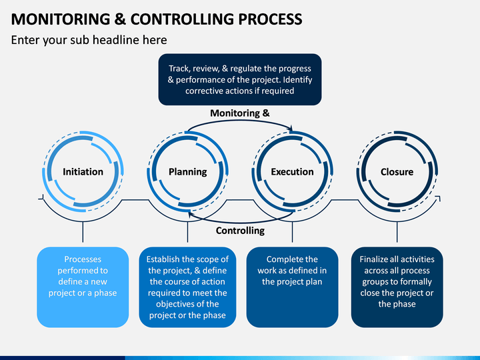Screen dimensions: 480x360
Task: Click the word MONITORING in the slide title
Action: pyautogui.click(x=61, y=19)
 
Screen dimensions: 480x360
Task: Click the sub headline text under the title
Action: pyautogui.click(x=89, y=40)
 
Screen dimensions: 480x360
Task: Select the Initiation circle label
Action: pyautogui.click(x=83, y=172)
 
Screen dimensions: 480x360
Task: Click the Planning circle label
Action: pyautogui.click(x=187, y=172)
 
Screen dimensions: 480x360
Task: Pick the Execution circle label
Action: pyautogui.click(x=293, y=172)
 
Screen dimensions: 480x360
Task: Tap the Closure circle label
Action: pyautogui.click(x=397, y=172)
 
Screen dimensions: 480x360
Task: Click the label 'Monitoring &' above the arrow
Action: pyautogui.click(x=240, y=113)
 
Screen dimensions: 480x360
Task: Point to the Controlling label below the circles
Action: pyautogui.click(x=240, y=231)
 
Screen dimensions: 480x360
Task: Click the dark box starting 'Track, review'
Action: pyautogui.click(x=240, y=79)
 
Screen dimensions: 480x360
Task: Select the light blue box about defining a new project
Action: pyautogui.click(x=83, y=287)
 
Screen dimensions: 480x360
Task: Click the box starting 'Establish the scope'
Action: pyautogui.click(x=187, y=287)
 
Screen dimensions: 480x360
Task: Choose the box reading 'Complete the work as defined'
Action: pyautogui.click(x=293, y=287)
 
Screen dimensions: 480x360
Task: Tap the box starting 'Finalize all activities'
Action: pyautogui.click(x=397, y=287)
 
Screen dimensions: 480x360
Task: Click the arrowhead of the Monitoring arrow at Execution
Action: pyautogui.click(x=291, y=129)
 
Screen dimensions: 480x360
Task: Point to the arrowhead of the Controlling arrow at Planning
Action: pyautogui.click(x=190, y=215)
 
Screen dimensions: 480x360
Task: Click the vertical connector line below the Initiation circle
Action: pyautogui.click(x=83, y=232)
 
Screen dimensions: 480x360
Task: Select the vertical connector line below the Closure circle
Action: pyautogui.click(x=397, y=232)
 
